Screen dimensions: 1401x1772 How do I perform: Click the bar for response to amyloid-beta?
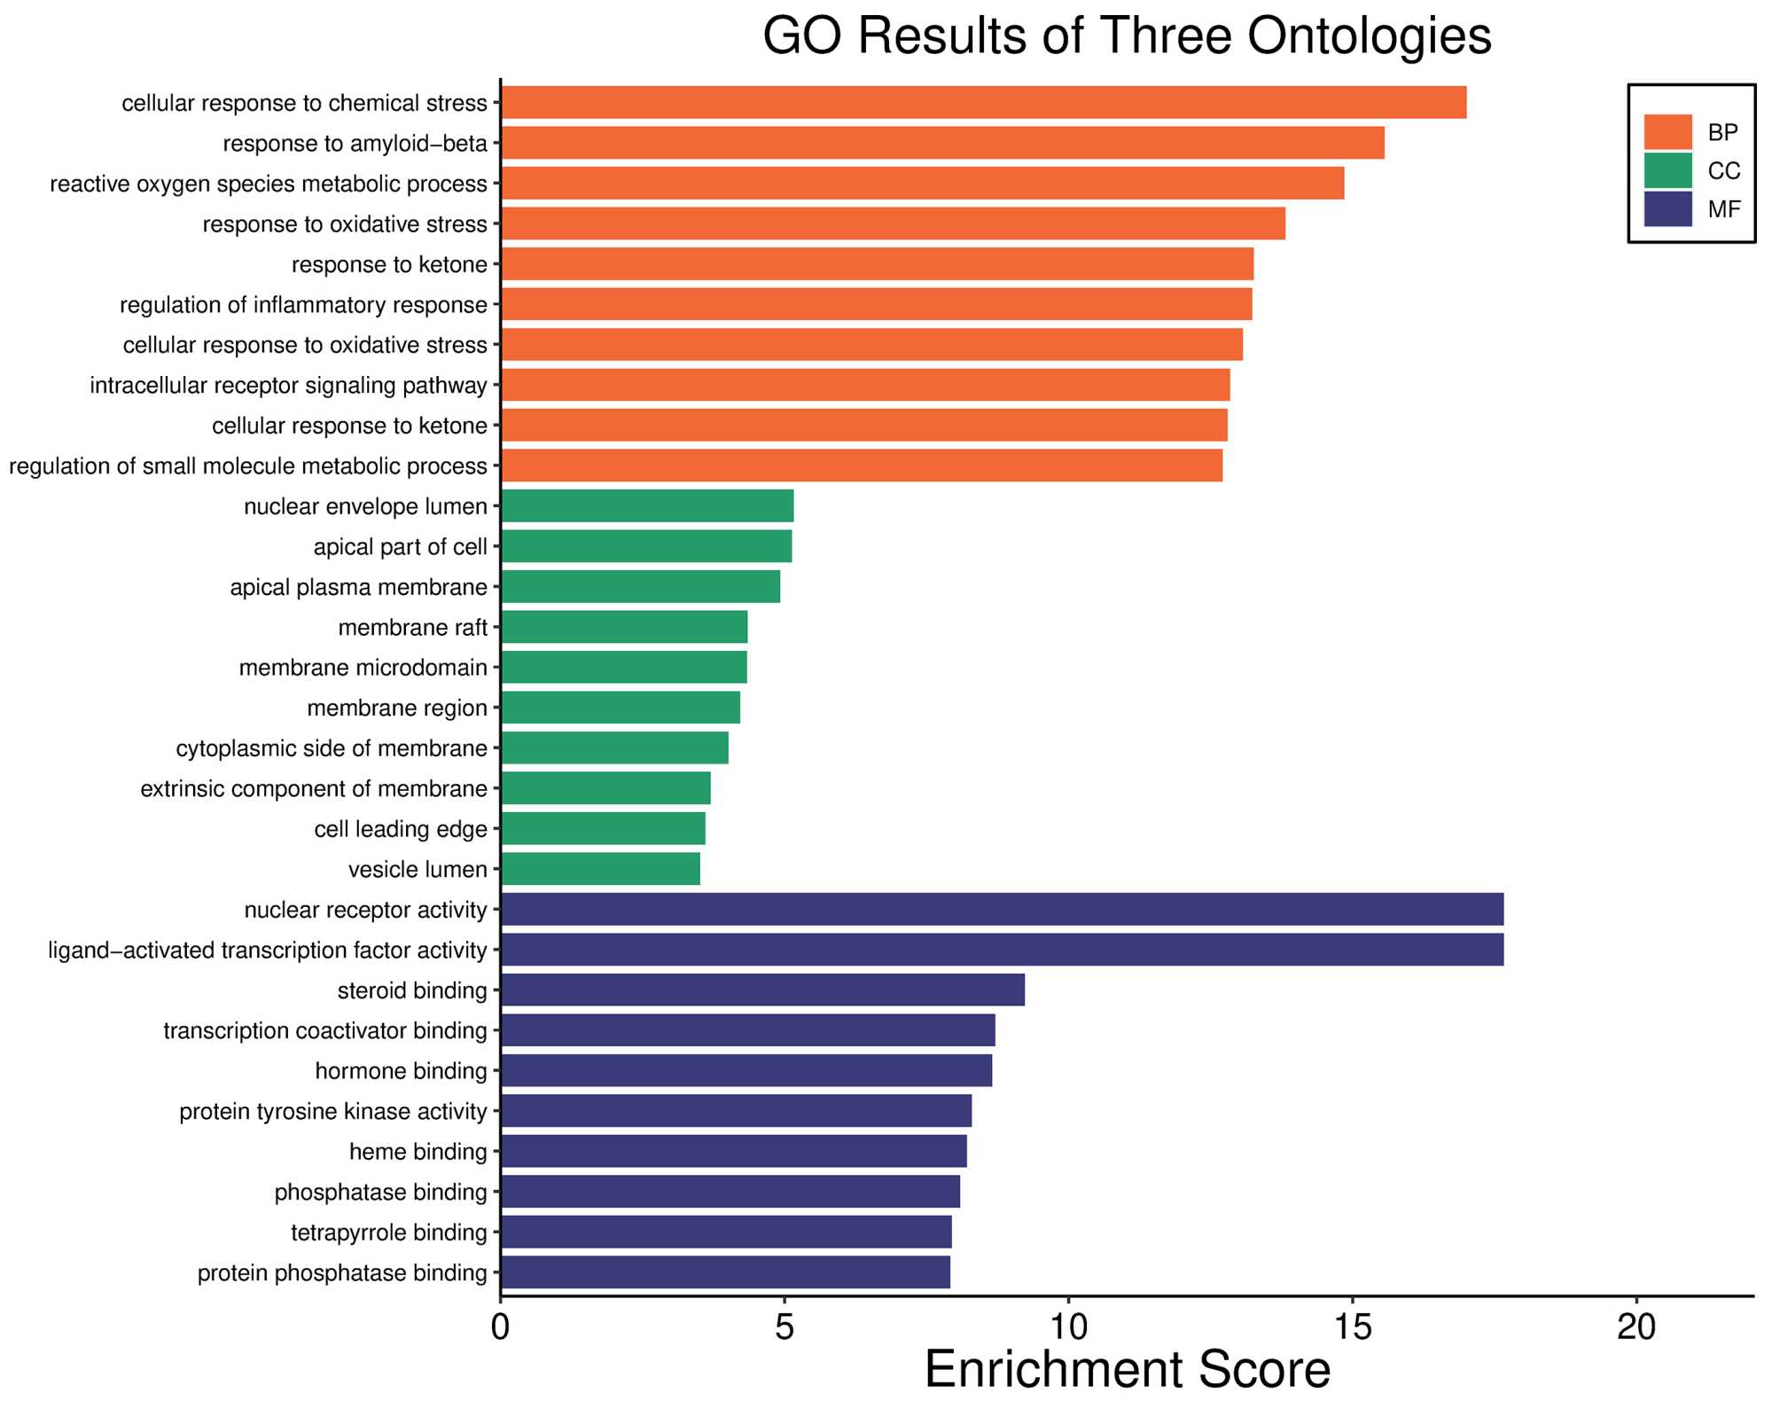942,143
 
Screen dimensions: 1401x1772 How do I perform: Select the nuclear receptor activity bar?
1002,909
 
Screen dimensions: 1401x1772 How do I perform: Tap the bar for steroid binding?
762,990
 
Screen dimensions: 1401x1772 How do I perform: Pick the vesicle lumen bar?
600,869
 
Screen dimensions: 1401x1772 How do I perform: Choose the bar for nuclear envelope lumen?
647,505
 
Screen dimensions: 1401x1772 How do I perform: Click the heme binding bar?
734,1151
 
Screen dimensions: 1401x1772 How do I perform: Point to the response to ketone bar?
878,264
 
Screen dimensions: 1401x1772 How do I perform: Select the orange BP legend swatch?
1667,132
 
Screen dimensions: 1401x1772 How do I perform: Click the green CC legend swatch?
1667,170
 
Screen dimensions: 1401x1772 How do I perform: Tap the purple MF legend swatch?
1667,209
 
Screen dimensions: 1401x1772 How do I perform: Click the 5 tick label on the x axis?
784,1327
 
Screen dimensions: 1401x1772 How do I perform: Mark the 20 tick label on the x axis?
1635,1327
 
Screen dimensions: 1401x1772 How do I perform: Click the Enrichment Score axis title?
1127,1370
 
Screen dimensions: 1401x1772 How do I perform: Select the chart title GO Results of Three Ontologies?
1127,37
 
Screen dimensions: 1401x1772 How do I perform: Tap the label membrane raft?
412,628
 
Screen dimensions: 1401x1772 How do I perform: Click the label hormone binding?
401,1071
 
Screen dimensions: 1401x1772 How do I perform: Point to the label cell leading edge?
401,829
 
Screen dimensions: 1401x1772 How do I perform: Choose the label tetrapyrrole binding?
389,1233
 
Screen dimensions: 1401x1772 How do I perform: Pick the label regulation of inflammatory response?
303,305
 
